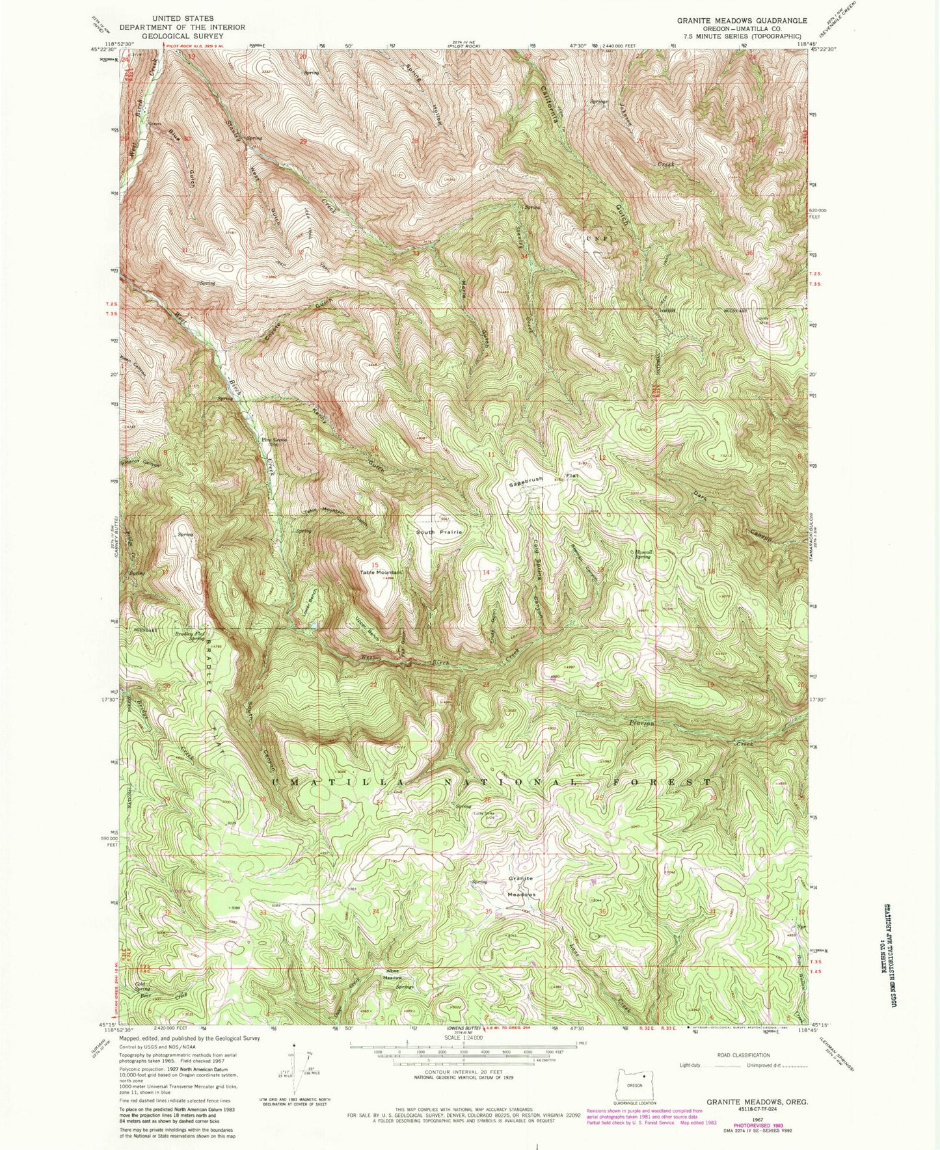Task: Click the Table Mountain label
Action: (x=383, y=572)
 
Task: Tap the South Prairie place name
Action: (x=440, y=532)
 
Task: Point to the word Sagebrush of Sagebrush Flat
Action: (x=526, y=481)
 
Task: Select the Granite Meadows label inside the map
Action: (x=521, y=887)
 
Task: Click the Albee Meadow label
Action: (x=392, y=974)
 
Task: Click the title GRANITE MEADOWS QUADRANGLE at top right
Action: (x=742, y=20)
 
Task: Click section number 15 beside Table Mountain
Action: (x=375, y=565)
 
